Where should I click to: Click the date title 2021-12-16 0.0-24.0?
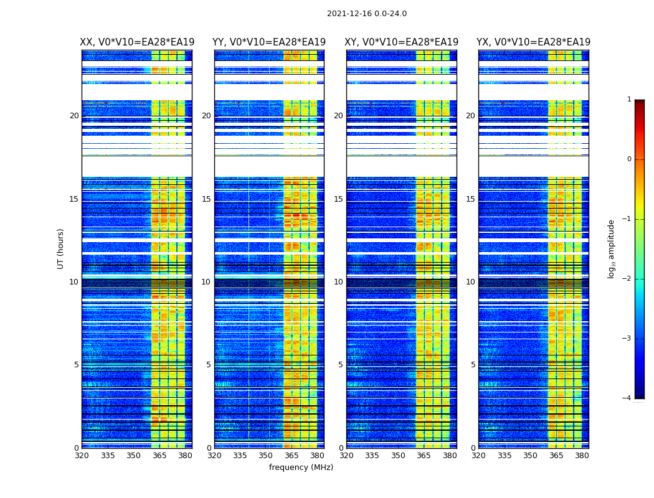point(366,14)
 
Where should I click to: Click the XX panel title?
point(137,42)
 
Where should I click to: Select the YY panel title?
point(269,42)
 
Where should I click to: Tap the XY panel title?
point(402,42)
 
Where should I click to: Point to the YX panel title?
point(534,42)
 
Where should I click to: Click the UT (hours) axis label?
point(61,248)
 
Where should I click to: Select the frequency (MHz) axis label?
point(301,467)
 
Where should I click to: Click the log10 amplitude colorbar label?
point(612,248)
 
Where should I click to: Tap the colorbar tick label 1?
point(628,100)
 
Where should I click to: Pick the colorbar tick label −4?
point(627,398)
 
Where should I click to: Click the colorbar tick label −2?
point(627,279)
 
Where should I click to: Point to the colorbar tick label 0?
point(628,159)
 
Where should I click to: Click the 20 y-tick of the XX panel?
point(74,116)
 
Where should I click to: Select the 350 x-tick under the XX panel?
point(133,456)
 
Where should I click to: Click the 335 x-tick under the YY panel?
point(240,456)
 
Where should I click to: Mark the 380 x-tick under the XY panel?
point(450,456)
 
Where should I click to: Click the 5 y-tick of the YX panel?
point(473,365)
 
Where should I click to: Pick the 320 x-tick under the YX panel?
point(478,456)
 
